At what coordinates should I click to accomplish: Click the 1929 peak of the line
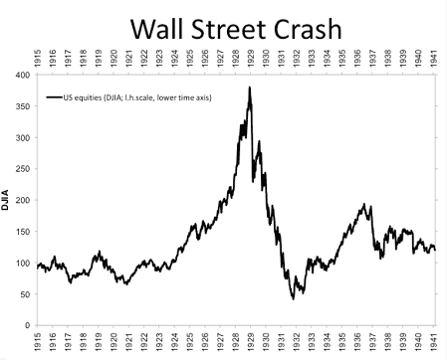pyautogui.click(x=249, y=88)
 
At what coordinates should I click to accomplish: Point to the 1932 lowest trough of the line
pyautogui.click(x=293, y=298)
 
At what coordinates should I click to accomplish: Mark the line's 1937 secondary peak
pyautogui.click(x=367, y=205)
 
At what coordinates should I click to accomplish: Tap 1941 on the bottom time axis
pyautogui.click(x=433, y=342)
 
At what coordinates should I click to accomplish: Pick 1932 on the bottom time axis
pyautogui.click(x=297, y=342)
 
